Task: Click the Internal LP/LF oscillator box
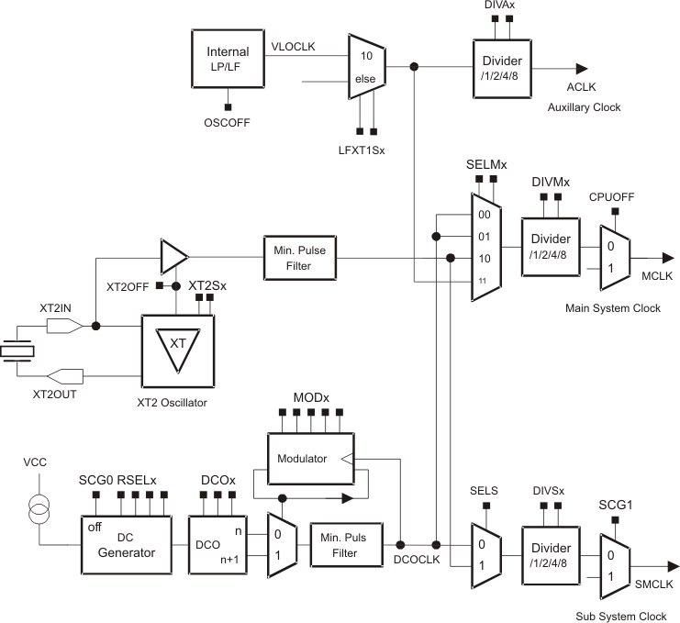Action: [x=229, y=61]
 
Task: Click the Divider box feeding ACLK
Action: [x=503, y=66]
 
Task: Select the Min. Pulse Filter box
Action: [x=299, y=257]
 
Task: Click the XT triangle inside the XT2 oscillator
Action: [x=178, y=351]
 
